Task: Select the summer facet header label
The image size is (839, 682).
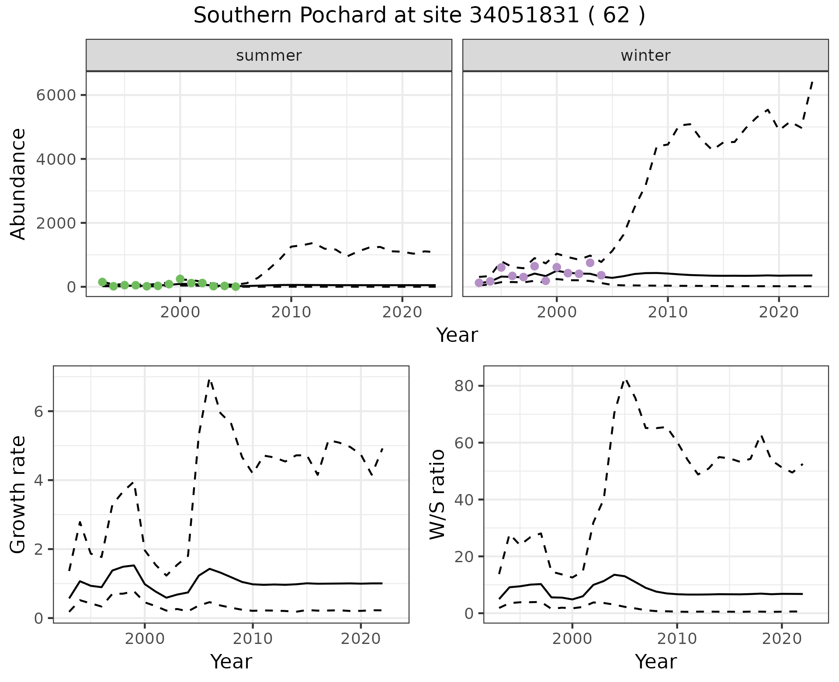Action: point(269,56)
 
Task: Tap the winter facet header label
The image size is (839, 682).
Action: point(645,56)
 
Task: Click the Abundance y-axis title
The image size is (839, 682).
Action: point(18,184)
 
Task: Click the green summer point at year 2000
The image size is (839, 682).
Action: point(180,279)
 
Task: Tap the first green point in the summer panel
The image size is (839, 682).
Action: point(102,282)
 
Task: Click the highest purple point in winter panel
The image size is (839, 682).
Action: point(590,263)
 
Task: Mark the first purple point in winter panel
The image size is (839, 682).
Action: point(479,283)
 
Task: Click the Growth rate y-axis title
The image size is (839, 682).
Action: point(18,494)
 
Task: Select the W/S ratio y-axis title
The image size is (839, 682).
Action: point(437,494)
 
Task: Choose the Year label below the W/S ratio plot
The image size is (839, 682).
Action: point(655,661)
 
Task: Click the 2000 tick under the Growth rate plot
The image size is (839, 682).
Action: point(145,639)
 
